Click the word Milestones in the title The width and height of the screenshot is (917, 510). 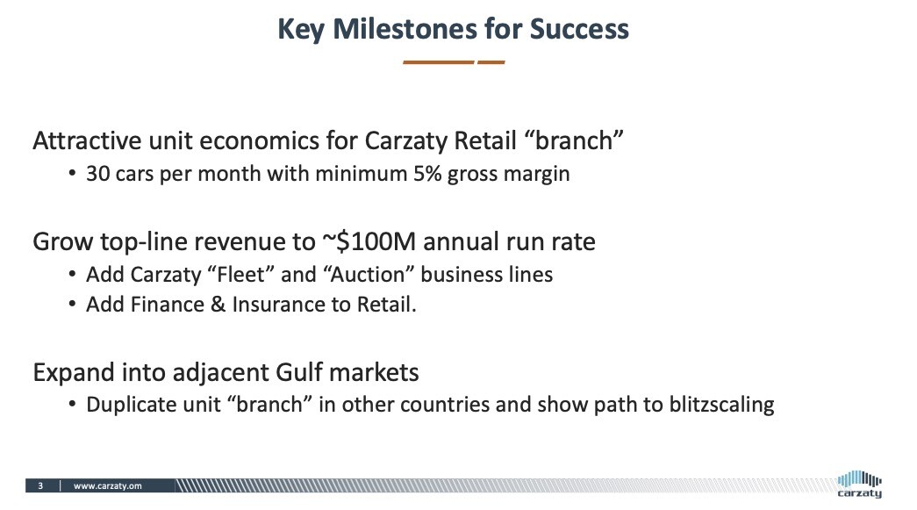click(405, 29)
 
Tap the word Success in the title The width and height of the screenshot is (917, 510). click(579, 29)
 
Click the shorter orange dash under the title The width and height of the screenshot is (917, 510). click(491, 62)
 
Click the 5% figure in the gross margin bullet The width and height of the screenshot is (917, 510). click(427, 174)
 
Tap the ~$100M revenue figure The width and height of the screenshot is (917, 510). click(369, 241)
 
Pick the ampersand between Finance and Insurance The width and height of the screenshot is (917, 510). click(218, 305)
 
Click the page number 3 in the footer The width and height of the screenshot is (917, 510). click(40, 486)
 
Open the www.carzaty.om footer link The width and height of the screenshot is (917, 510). click(108, 486)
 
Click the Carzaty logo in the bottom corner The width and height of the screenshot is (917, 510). click(859, 485)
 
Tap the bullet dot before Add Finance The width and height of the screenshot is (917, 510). click(72, 305)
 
